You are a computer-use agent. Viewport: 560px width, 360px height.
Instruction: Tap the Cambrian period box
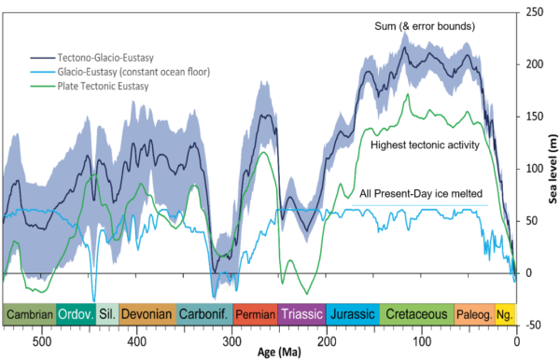29,314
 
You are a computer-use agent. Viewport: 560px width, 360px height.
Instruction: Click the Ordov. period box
76,314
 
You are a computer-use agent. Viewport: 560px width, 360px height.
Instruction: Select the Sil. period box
107,314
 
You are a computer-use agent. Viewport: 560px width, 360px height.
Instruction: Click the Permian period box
255,314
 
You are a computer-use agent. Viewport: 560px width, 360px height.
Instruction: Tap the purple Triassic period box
301,314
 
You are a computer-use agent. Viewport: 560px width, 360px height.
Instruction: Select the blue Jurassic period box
350,314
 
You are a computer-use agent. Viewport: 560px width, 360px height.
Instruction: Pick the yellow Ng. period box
505,314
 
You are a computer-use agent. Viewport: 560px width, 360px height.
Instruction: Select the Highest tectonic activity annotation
425,145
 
